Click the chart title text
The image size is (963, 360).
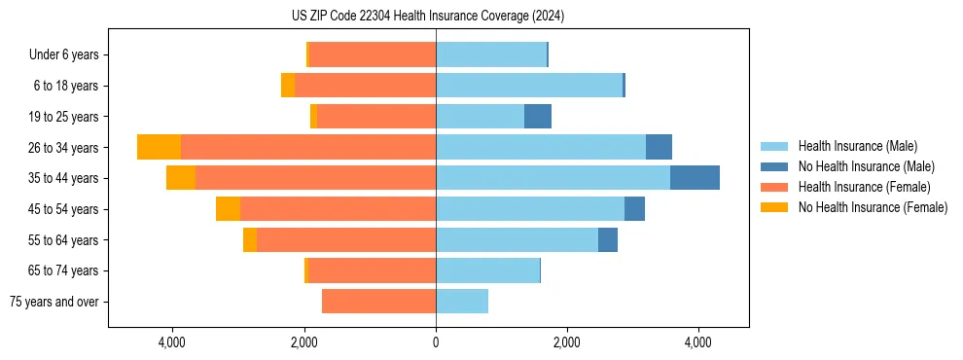[427, 17]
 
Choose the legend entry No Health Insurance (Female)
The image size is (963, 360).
[873, 207]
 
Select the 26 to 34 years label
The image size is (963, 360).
[63, 148]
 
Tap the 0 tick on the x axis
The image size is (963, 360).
[436, 342]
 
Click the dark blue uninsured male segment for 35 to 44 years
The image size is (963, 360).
[695, 178]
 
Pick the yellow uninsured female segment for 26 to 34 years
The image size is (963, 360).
[159, 147]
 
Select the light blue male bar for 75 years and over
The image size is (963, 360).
[462, 302]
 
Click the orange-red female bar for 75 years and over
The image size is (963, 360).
[378, 302]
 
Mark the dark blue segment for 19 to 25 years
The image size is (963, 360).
[538, 117]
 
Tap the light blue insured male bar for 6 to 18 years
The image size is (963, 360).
[529, 86]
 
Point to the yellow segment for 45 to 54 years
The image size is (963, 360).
[228, 209]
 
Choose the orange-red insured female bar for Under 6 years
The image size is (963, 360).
[373, 55]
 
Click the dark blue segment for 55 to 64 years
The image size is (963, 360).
[608, 239]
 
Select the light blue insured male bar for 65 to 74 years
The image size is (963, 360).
[487, 270]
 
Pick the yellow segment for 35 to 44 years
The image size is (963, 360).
[181, 178]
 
